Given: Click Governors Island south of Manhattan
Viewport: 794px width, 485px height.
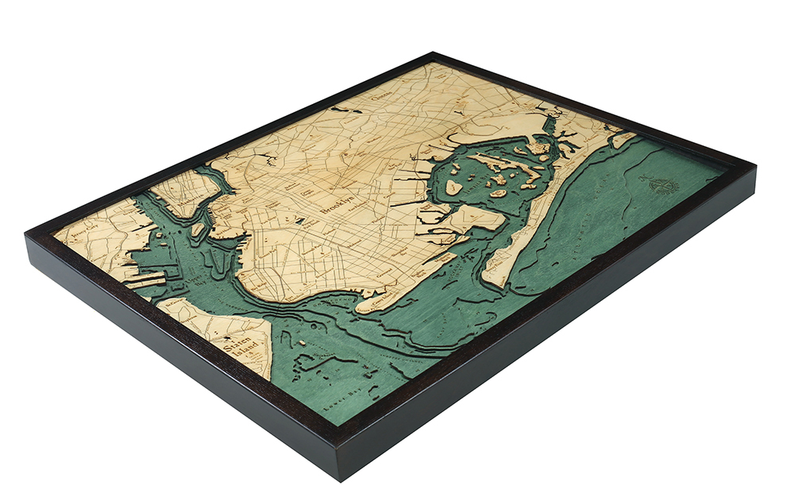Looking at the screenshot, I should click(198, 229).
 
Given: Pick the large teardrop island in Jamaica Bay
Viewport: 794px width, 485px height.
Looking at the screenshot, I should click(453, 187).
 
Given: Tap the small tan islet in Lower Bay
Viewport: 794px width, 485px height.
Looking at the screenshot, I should click(303, 343).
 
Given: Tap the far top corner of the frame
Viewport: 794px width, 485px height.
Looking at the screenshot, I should click(433, 54).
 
